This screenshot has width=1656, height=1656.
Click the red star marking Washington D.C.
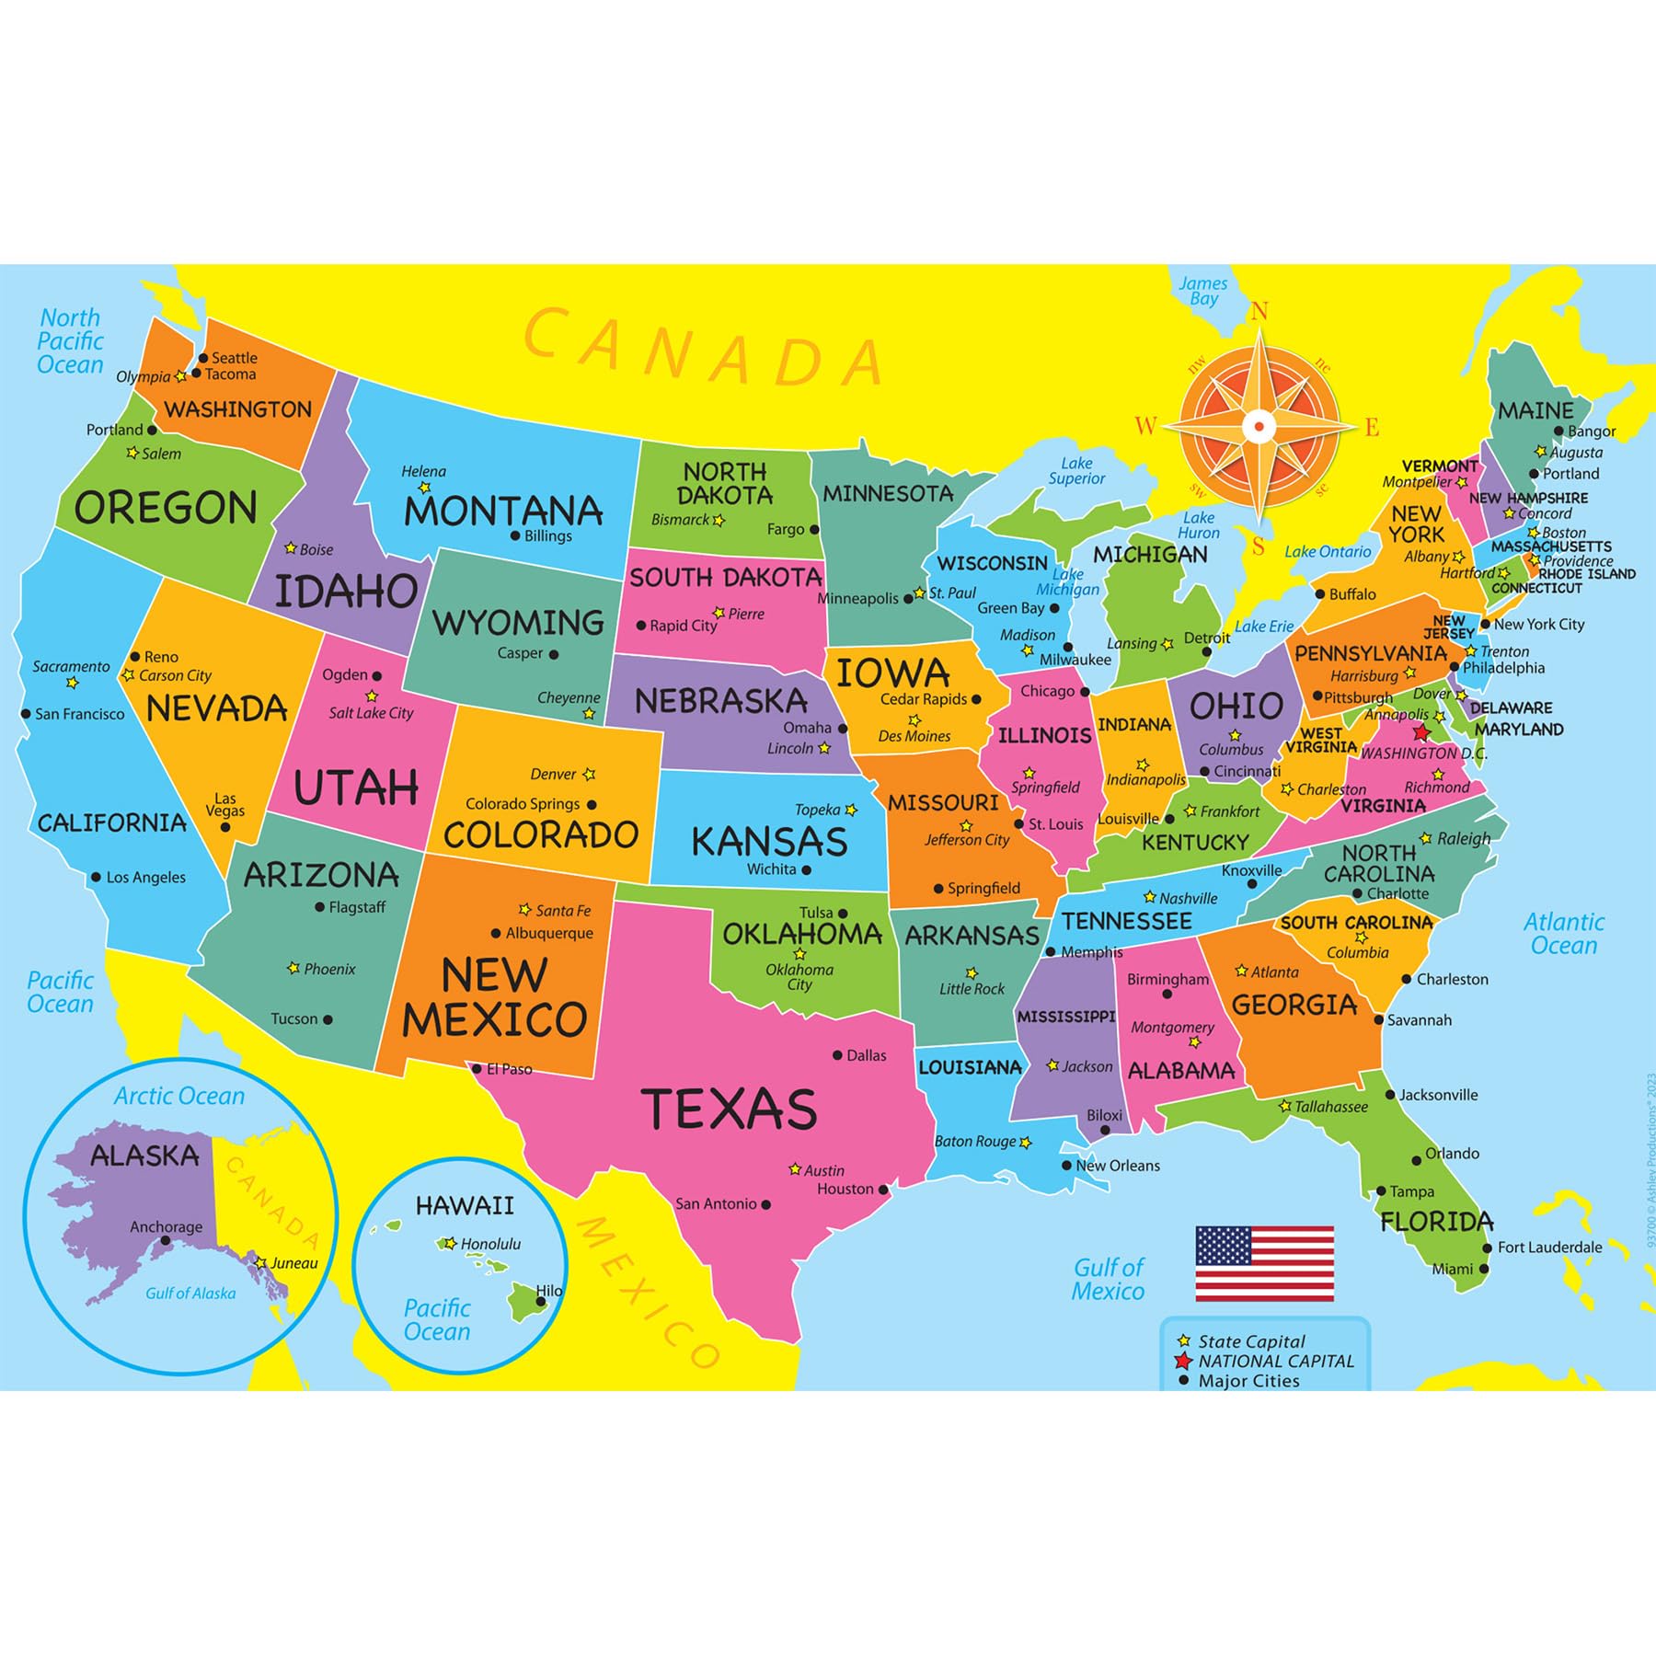point(1421,732)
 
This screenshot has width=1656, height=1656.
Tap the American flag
point(1264,1263)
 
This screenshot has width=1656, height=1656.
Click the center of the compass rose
point(1259,426)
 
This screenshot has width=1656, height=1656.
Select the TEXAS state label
point(729,1109)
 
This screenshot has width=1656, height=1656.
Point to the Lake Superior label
point(1076,471)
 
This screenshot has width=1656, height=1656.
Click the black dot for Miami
point(1484,1269)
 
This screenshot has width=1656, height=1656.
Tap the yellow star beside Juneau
point(261,1263)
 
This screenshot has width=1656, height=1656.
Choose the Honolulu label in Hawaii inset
point(490,1244)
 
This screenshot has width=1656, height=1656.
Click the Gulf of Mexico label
point(1108,1279)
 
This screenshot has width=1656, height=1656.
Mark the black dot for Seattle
point(203,358)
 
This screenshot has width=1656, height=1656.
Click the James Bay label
point(1203,291)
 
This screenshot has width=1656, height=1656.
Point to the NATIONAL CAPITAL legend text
point(1276,1361)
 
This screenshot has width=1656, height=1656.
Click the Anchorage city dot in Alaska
point(166,1240)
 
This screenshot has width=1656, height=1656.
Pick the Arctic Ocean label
point(179,1096)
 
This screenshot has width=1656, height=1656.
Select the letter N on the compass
point(1259,312)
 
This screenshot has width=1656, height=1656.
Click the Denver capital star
point(589,775)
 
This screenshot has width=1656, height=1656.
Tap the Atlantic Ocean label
point(1563,933)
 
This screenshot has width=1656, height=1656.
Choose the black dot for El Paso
point(477,1069)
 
